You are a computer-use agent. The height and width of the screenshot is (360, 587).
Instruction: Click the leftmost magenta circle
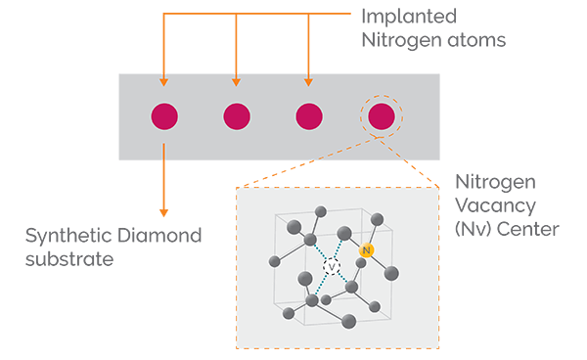[164, 116]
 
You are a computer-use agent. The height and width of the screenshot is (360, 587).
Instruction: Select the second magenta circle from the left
[237, 116]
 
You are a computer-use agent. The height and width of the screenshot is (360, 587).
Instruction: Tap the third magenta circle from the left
[309, 116]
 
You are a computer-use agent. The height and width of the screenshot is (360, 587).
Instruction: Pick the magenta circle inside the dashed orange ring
[382, 116]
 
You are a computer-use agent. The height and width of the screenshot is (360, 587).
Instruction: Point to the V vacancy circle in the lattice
[332, 266]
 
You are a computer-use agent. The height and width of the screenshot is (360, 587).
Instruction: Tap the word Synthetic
[65, 236]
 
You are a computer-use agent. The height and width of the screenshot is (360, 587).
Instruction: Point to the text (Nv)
[473, 230]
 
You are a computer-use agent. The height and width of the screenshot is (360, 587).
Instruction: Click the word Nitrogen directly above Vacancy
[491, 183]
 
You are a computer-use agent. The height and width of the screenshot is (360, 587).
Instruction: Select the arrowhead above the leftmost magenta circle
[164, 81]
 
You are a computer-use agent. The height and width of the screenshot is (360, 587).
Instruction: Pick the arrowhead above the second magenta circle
[237, 81]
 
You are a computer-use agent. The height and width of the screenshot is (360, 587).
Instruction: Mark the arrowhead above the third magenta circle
[309, 81]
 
